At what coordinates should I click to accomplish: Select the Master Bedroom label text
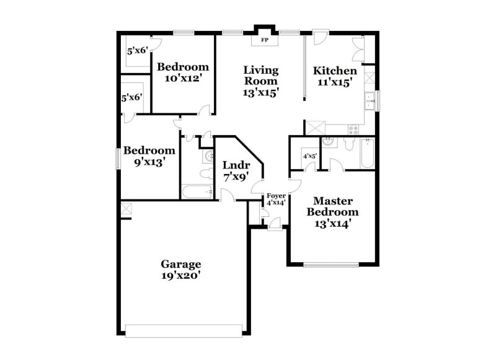[x=332, y=213]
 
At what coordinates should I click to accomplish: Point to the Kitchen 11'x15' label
[x=335, y=77]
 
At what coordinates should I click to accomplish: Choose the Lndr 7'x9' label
[x=236, y=171]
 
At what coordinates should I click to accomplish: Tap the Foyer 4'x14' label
[x=276, y=199]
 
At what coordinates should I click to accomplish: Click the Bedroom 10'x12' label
[x=182, y=72]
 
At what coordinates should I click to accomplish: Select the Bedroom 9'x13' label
[x=149, y=156]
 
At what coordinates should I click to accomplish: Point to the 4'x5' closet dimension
[x=309, y=156]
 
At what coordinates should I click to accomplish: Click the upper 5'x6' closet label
[x=136, y=51]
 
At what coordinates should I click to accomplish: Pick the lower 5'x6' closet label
[x=132, y=97]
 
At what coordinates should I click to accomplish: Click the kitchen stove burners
[x=355, y=130]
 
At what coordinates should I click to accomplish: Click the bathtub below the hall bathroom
[x=198, y=192]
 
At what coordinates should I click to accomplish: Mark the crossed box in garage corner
[x=126, y=209]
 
